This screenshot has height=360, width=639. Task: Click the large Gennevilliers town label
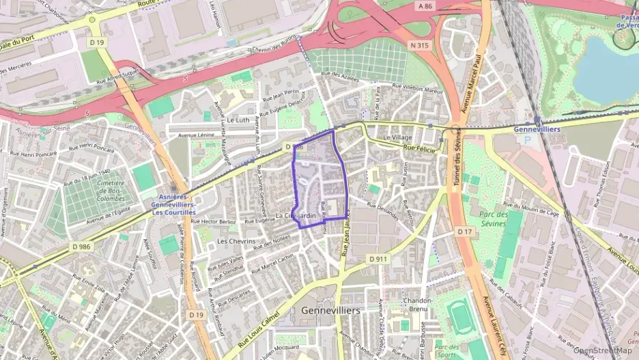pos(330,310)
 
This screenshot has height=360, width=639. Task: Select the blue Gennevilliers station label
pos(537,129)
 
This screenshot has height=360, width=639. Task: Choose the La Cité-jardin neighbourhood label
pos(296,217)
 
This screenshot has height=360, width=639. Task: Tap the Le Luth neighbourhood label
pos(238,120)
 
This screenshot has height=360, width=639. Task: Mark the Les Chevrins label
pos(236,241)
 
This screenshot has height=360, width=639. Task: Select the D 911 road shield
pos(378,260)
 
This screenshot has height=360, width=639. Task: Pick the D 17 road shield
pos(464,232)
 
